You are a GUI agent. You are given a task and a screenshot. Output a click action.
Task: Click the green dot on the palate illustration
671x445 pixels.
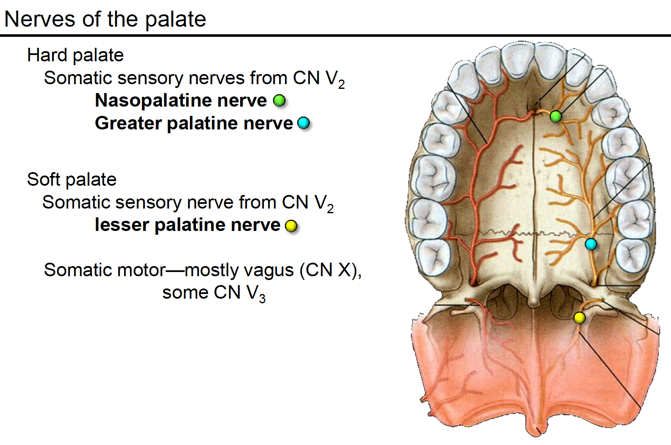[x=556, y=116]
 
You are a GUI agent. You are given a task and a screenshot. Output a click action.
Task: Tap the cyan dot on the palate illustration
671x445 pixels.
[x=591, y=244]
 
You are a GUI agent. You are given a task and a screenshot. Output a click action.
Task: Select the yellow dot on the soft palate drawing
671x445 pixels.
[x=579, y=318]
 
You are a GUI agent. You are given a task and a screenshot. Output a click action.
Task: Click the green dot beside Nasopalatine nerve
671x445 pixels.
[x=279, y=101]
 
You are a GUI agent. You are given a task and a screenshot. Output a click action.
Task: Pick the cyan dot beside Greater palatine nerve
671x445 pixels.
[x=303, y=123]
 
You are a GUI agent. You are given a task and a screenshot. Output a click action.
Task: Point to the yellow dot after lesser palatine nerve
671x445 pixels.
[x=291, y=226]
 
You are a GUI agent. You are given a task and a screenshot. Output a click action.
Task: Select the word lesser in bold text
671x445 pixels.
[x=122, y=225]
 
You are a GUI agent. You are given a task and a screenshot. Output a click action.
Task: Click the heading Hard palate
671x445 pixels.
[x=75, y=55]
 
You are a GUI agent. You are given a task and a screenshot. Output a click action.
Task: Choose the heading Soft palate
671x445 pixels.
[x=72, y=179]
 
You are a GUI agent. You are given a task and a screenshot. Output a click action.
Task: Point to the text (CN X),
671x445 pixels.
[x=330, y=270]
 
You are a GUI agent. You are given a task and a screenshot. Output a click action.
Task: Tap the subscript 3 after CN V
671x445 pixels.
[x=262, y=298]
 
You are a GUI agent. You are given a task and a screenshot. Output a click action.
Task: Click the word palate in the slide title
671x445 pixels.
[x=175, y=19]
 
